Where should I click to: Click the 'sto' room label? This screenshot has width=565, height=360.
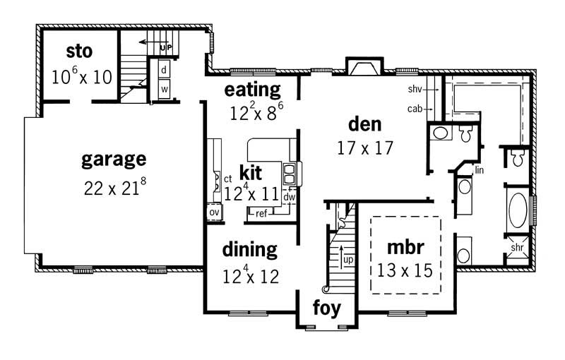point(81,52)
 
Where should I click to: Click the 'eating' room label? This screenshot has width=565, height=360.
point(252,90)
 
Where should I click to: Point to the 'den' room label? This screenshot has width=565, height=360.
point(364,124)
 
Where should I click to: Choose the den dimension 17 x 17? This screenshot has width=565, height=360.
point(364,148)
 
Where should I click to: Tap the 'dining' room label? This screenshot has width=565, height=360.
point(249,249)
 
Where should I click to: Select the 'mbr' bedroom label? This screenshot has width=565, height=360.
point(405,247)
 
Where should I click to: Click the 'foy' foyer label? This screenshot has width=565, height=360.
point(326,308)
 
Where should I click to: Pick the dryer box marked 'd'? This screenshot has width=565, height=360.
point(163,70)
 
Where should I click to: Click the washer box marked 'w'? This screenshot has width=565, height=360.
point(163,90)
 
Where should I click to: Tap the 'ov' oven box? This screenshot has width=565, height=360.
point(213,211)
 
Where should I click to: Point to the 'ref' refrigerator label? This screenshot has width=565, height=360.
point(261,213)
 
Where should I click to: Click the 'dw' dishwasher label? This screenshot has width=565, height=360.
point(289,198)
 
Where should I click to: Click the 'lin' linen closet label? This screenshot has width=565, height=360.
point(480,170)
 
